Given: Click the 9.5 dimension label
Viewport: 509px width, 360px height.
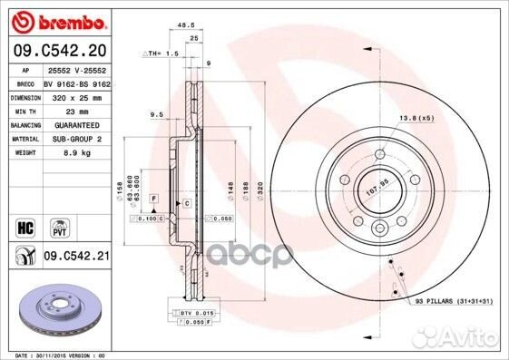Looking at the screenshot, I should (x=155, y=115).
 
